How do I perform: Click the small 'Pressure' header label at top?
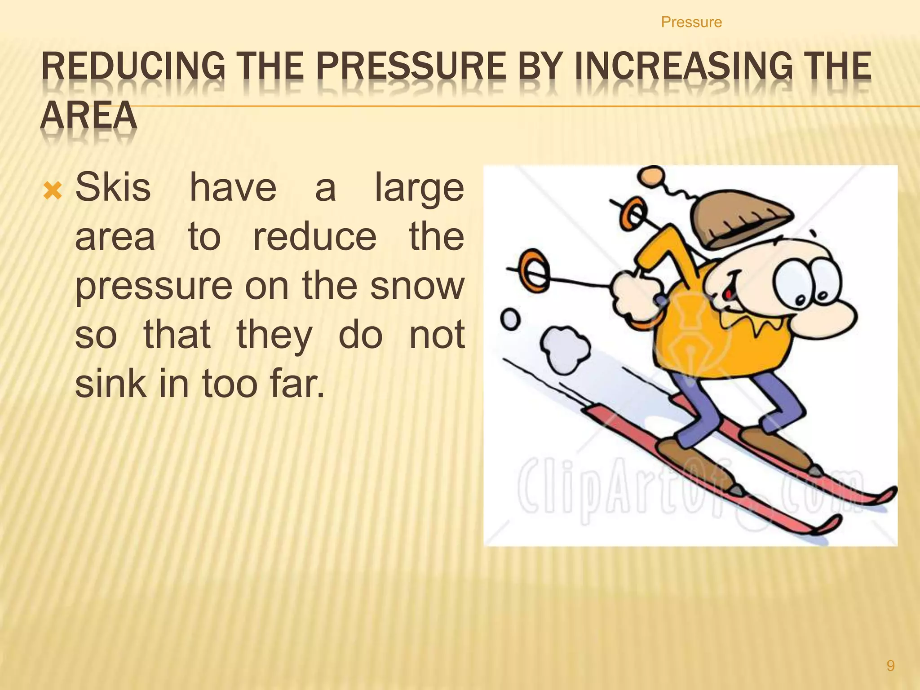click(691, 22)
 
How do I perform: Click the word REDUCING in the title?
click(133, 66)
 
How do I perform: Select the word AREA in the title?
click(88, 115)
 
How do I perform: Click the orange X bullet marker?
click(52, 191)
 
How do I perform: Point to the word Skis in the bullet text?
click(113, 187)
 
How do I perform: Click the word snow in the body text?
click(417, 286)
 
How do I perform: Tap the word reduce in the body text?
click(314, 237)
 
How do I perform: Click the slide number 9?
click(890, 665)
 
